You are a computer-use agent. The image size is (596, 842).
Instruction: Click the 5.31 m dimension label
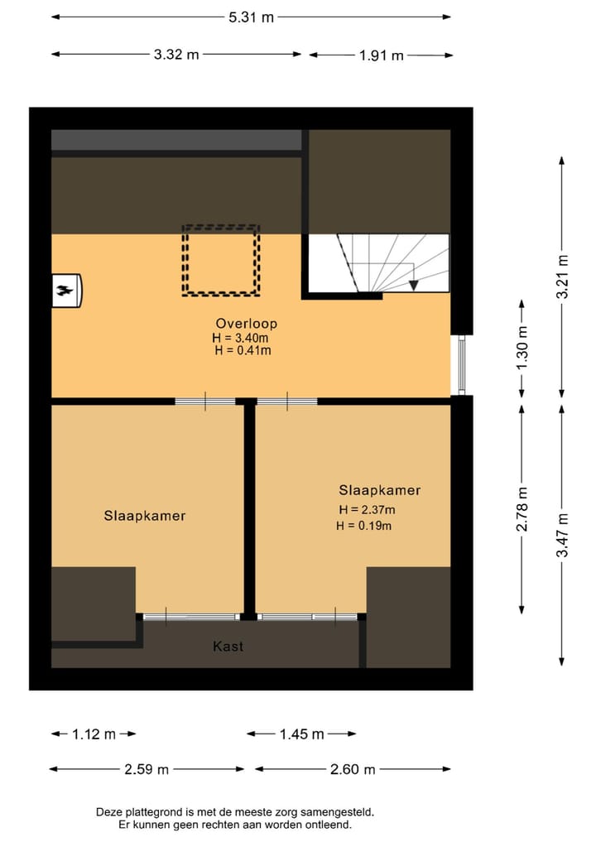[x=250, y=17]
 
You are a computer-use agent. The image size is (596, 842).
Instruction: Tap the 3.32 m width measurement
[x=176, y=55]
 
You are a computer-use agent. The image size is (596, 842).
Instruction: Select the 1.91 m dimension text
[x=381, y=55]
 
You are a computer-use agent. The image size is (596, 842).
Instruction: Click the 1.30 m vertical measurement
[x=522, y=348]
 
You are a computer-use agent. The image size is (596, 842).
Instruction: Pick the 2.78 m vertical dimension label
[x=522, y=509]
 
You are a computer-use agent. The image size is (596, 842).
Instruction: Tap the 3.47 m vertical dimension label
[x=563, y=535]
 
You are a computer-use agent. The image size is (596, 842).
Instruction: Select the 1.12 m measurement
[x=94, y=734]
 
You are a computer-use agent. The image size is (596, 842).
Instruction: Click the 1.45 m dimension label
[x=302, y=734]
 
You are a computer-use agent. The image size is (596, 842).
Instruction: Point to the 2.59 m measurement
[x=147, y=769]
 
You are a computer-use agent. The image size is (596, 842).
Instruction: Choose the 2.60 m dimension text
[x=353, y=769]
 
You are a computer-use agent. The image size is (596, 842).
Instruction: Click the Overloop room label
[x=246, y=323]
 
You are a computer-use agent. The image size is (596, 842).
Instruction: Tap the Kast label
[x=228, y=646]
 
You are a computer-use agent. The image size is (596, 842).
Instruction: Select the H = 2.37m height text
[x=367, y=509]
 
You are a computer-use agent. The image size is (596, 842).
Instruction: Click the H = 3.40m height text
[x=240, y=337]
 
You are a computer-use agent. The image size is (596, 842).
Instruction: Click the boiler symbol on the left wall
[x=65, y=290]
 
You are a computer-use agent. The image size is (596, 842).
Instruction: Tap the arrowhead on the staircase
[x=414, y=286]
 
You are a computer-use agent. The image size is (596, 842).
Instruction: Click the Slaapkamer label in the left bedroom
[x=145, y=515]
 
